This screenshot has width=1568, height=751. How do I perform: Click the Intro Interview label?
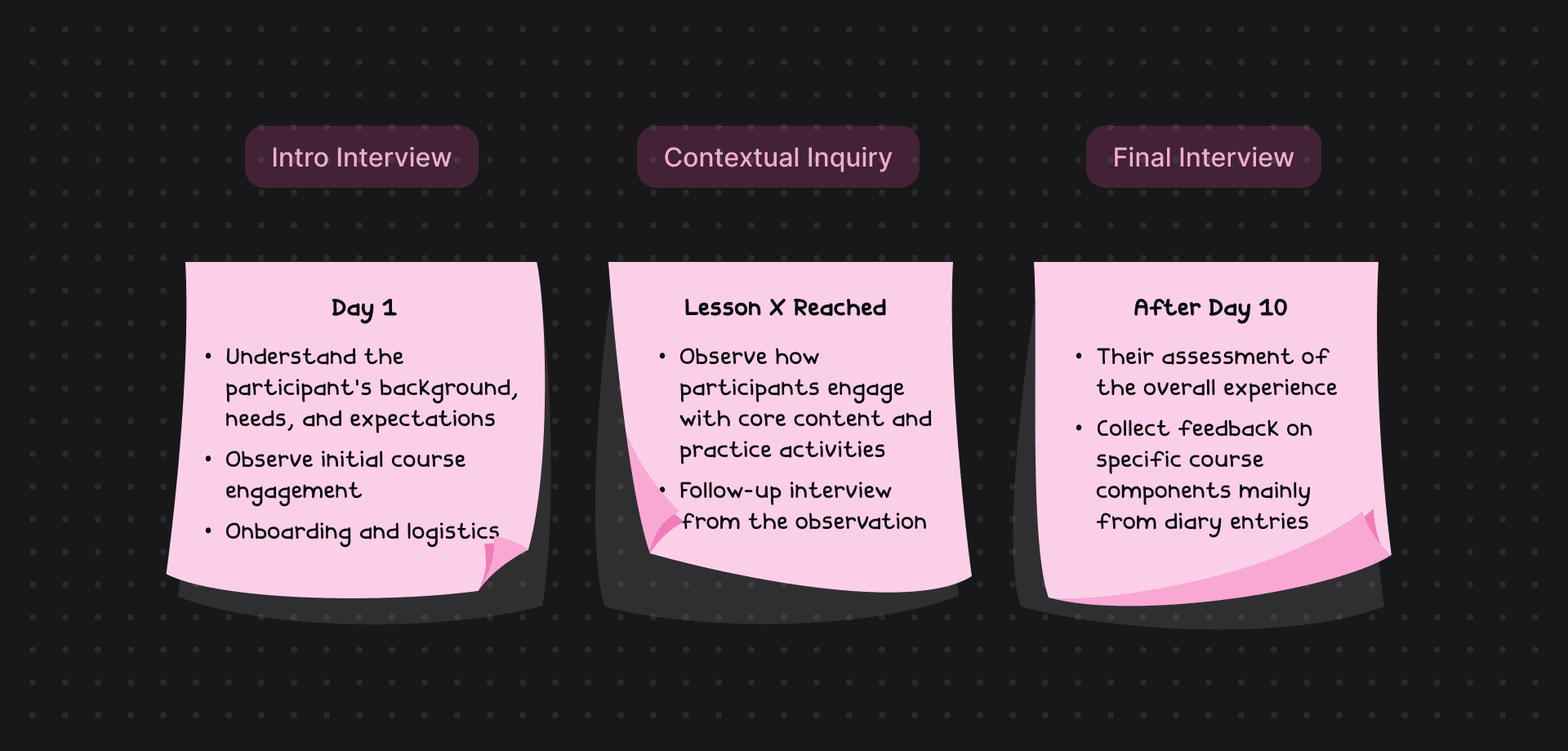361,157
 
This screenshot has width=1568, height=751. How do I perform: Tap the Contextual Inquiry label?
777,157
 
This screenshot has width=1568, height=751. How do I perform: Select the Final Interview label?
1203,157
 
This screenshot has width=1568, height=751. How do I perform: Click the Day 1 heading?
363,308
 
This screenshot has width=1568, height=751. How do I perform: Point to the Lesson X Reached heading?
785,308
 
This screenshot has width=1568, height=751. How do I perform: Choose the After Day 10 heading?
1210,308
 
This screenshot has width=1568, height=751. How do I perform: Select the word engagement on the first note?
293,491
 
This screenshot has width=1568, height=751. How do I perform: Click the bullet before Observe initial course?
208,460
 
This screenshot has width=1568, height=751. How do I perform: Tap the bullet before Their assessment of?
1079,357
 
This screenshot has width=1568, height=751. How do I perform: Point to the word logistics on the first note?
452,532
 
